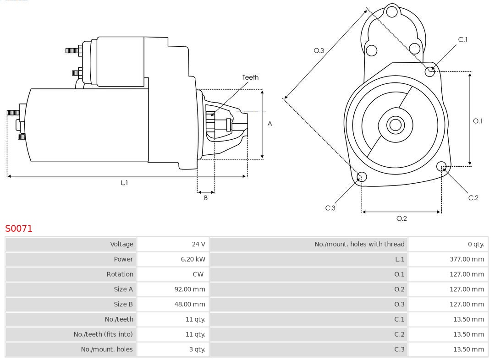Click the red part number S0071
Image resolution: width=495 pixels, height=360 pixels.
[19, 228]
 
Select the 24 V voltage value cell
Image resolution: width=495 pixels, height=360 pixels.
[198, 244]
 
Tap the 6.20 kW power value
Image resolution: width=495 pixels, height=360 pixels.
[193, 259]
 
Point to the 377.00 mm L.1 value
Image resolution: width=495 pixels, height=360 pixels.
[467, 259]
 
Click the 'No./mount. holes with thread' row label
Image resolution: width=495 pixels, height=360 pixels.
[359, 244]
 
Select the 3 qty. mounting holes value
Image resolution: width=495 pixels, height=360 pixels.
[197, 349]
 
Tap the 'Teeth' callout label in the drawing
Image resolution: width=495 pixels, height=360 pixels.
[250, 77]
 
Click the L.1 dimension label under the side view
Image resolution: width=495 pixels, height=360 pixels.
[124, 183]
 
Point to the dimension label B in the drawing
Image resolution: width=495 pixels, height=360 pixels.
[206, 198]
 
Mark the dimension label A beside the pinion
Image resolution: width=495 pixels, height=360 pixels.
[270, 124]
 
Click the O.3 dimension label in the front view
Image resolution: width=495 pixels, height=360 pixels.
[319, 50]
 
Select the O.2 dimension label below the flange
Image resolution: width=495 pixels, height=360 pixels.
[401, 218]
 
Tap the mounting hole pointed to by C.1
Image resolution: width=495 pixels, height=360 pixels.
[429, 71]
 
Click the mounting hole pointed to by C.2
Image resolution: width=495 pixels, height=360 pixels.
[441, 166]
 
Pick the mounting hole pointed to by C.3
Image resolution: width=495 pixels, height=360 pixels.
[362, 177]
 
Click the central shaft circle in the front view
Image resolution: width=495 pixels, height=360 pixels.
[395, 125]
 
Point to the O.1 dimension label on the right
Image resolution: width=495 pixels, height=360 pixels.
[478, 121]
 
